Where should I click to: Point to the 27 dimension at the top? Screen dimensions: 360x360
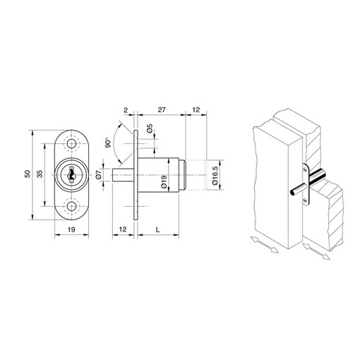pyautogui.click(x=161, y=111)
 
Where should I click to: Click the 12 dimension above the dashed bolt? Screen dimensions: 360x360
pyautogui.click(x=196, y=111)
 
